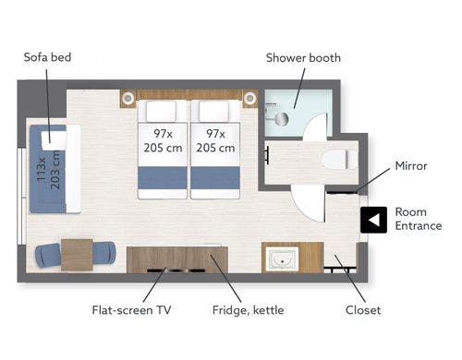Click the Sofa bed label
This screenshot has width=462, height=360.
(47, 57)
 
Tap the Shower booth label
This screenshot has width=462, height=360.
(303, 58)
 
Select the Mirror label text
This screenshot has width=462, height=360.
(411, 166)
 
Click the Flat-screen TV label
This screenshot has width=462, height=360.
(131, 310)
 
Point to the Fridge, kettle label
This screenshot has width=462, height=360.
(249, 310)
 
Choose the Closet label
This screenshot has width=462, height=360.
(363, 310)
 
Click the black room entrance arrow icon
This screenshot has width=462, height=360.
(373, 220)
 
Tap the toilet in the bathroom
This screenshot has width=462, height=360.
(339, 159)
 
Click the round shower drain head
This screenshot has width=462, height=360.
(281, 119)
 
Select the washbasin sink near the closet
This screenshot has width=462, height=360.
(283, 258)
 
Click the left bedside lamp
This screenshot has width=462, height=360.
(128, 99)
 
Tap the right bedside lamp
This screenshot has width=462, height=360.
(249, 98)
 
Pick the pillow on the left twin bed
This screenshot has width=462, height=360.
(161, 111)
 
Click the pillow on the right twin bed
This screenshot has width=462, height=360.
(214, 111)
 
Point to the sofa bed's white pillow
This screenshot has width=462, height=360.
(54, 140)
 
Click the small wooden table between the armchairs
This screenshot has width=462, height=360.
(77, 255)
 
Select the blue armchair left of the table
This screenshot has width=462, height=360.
(48, 255)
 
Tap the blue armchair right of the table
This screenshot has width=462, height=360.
(104, 253)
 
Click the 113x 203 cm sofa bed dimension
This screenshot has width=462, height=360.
(49, 169)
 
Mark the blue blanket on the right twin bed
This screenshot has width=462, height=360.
(215, 178)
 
